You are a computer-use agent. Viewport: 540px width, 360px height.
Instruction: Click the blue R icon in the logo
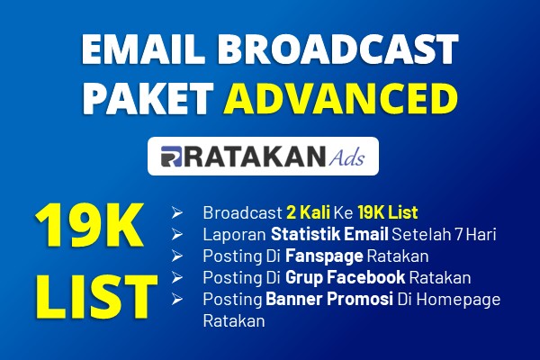(x=171, y=157)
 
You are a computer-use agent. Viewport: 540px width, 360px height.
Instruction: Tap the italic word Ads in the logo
(x=346, y=157)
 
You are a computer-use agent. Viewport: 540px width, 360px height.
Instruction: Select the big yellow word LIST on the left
(x=96, y=296)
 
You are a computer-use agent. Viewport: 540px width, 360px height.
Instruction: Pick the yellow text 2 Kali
(x=308, y=212)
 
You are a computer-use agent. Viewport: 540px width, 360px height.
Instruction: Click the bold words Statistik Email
(x=329, y=234)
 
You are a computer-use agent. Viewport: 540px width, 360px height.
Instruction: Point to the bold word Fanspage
(x=324, y=256)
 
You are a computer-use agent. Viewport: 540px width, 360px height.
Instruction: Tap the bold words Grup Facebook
(x=345, y=278)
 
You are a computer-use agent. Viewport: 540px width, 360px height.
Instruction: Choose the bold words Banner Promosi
(x=329, y=299)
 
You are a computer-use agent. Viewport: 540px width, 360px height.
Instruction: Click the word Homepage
(x=458, y=300)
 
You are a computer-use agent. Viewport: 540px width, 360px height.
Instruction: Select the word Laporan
(x=234, y=235)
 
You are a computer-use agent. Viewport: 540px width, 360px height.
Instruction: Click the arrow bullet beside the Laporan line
(x=177, y=235)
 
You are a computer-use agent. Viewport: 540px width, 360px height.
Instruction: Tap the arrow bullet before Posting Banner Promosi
(x=177, y=299)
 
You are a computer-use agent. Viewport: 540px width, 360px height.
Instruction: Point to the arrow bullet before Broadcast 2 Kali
(x=177, y=213)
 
